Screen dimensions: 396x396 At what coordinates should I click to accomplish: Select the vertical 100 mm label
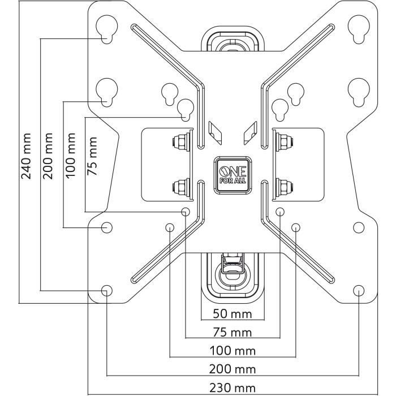pyautogui.click(x=71, y=156)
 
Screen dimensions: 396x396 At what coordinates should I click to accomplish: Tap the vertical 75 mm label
pyautogui.click(x=92, y=156)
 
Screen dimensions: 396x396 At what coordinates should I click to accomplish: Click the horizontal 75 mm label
pyautogui.click(x=233, y=332)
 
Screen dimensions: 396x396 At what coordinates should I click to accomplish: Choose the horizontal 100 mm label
pyautogui.click(x=233, y=351)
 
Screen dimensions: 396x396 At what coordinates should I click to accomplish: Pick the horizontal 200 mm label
pyautogui.click(x=233, y=369)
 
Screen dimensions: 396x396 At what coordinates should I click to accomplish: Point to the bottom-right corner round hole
pyautogui.click(x=358, y=290)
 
